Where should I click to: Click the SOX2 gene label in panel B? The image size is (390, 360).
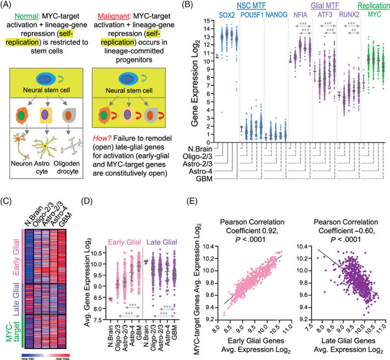227,15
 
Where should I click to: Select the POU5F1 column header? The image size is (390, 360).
252,15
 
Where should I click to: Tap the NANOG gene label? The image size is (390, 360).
276,15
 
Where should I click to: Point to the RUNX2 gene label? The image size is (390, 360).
349,15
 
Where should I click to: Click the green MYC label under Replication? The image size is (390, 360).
375,14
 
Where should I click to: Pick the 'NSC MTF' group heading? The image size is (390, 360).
251,6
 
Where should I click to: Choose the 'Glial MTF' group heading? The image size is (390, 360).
325,6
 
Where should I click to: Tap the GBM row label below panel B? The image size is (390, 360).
204,179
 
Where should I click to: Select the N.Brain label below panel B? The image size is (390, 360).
200,149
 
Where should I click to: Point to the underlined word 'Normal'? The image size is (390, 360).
26,16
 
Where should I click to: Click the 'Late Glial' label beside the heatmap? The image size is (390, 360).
16,299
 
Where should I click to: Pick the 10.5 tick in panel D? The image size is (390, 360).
98,253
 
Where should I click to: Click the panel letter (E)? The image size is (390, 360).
192,201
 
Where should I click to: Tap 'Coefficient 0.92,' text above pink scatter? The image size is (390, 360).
252,231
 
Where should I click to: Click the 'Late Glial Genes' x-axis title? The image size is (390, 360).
348,341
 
